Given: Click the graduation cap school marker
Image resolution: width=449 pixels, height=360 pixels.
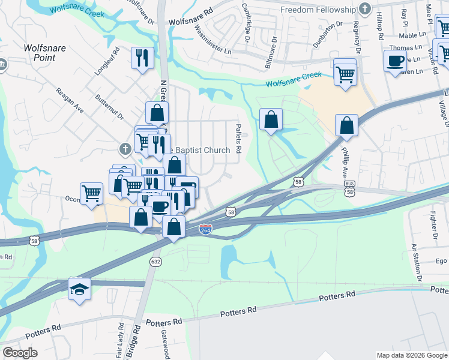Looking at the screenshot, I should (x=79, y=290).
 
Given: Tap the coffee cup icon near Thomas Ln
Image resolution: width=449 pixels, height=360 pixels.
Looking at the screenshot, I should (x=395, y=61).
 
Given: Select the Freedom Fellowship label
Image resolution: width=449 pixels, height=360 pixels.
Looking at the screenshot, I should (x=319, y=10).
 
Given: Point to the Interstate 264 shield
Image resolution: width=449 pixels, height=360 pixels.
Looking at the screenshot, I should (x=206, y=229).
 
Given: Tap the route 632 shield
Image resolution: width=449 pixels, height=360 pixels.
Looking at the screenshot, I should (x=156, y=262).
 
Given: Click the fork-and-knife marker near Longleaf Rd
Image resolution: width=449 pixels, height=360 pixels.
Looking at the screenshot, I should (x=142, y=58).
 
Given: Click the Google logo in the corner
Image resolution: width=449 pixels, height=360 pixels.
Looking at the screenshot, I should (x=20, y=353).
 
